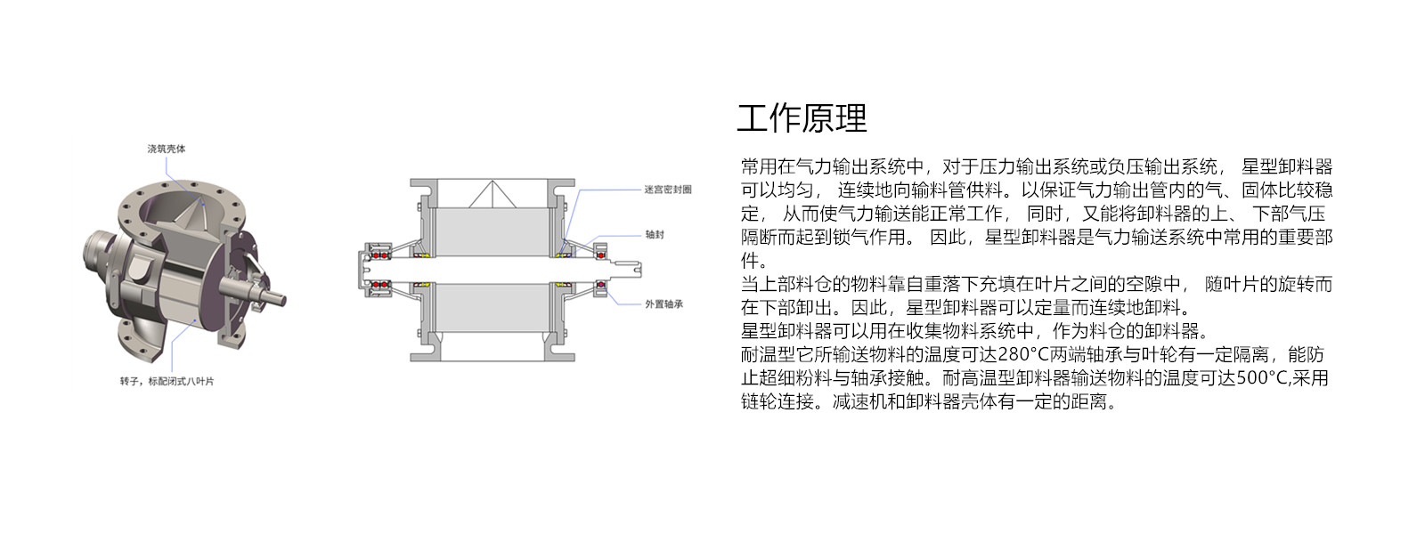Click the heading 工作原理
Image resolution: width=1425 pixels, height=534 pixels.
pos(802,118)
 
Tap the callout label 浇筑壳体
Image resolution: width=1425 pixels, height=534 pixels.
pos(167,149)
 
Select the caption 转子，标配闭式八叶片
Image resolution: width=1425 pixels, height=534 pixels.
pos(167,381)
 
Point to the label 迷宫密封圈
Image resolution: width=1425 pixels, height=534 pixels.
pos(667,190)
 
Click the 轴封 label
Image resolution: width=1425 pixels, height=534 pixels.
pos(655,235)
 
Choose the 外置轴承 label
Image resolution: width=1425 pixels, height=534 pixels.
pos(664,304)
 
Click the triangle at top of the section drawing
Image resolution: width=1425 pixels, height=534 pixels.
pos(493,195)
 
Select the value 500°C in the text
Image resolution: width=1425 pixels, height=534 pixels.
pos(1262,378)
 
